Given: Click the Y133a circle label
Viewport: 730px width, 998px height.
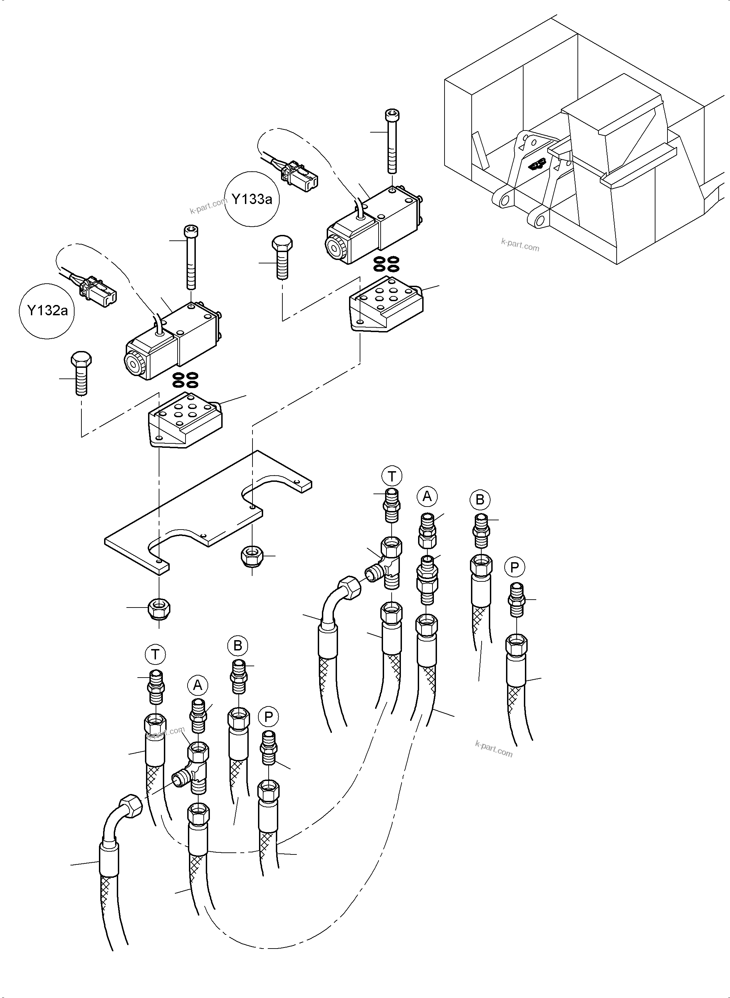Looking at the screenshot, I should (252, 199).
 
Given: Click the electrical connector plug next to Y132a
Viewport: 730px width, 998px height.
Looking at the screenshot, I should (97, 292).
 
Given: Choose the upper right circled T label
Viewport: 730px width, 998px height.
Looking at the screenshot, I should (392, 476).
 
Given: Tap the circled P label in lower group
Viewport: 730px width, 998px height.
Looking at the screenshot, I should (268, 717).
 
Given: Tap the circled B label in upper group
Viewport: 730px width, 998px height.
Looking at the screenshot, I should (480, 500).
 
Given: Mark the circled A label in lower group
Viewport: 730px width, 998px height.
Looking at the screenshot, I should (198, 685).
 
